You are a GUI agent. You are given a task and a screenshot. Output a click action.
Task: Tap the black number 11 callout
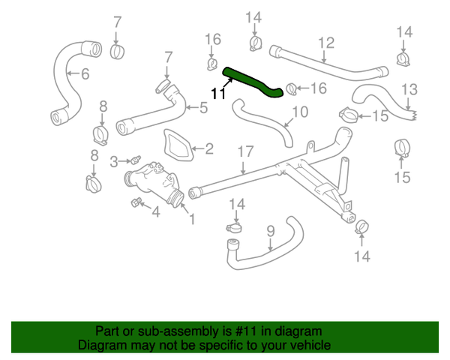[x=217, y=94]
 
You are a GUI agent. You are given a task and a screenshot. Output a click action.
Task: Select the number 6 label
[x=85, y=73]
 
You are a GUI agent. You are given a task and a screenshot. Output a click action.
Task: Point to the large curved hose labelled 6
[x=67, y=82]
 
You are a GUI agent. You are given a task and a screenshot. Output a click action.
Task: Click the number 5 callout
[x=203, y=107]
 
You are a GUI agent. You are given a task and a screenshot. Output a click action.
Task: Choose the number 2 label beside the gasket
[x=208, y=148]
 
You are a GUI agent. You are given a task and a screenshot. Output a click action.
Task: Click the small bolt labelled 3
[x=135, y=159]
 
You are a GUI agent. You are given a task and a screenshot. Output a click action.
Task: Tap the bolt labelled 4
[x=136, y=201]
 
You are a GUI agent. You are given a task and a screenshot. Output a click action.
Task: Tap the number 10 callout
[x=299, y=112]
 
